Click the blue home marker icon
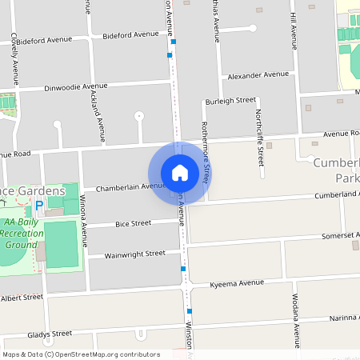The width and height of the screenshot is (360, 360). pos(180,173)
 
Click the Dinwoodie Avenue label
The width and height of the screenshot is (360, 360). pos(76,86)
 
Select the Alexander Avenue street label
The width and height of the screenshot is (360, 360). pos(258,74)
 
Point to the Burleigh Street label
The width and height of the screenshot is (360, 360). pos(230,102)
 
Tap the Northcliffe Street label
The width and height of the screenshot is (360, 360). pos(259,129)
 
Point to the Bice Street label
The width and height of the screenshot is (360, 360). pos(133,223)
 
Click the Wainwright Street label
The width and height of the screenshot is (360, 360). pos(134,254)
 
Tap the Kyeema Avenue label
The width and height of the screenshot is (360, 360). pos(236,283)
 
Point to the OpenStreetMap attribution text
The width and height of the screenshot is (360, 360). pos(81,354)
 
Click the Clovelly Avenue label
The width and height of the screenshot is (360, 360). pos(15,59)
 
